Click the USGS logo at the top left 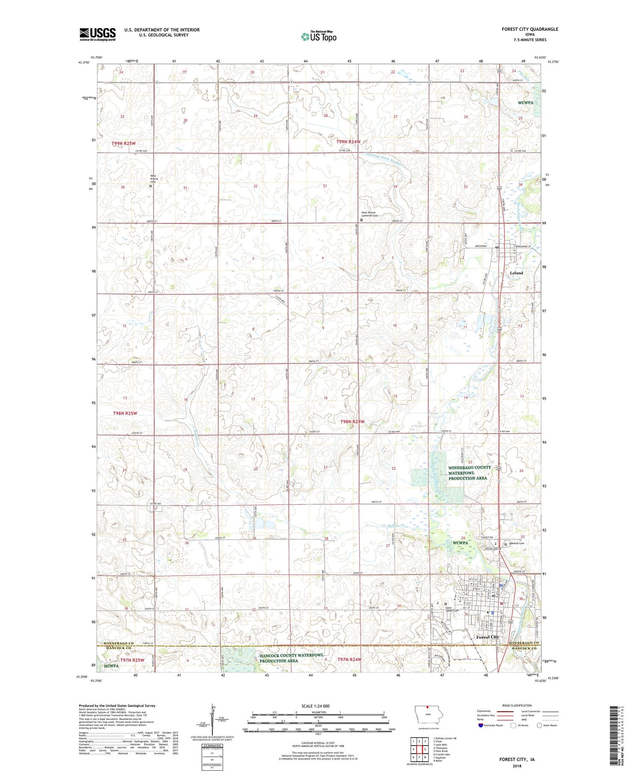coord(97,34)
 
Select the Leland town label coord(516,273)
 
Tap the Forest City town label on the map coord(488,637)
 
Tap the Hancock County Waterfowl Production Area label coord(291,658)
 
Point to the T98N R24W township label coord(353,421)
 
